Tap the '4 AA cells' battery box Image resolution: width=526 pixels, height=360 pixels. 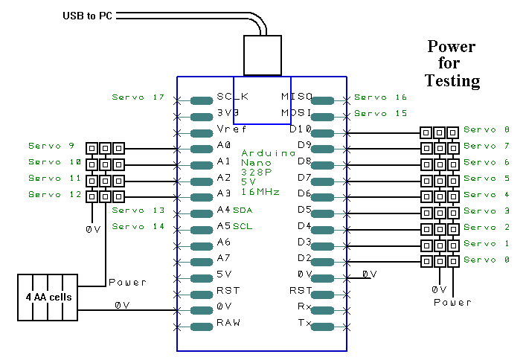48,297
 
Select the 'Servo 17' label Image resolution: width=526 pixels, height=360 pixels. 137,97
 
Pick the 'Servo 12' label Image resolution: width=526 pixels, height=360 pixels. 55,194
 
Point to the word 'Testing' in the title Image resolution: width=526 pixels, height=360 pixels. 452,80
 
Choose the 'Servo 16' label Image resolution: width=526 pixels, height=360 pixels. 380,97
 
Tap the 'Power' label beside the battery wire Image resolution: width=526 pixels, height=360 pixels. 127,283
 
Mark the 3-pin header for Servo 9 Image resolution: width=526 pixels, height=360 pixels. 105,147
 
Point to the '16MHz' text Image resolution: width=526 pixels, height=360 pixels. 260,191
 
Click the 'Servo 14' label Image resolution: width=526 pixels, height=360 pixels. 137,227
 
